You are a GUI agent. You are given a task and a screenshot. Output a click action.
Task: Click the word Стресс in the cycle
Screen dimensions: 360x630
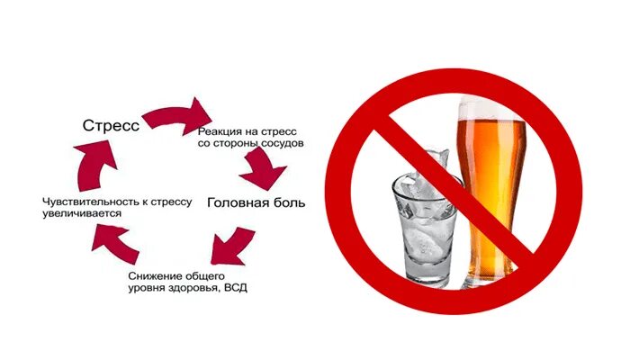110,126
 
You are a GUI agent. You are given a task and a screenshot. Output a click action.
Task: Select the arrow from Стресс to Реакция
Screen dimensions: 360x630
175,115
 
